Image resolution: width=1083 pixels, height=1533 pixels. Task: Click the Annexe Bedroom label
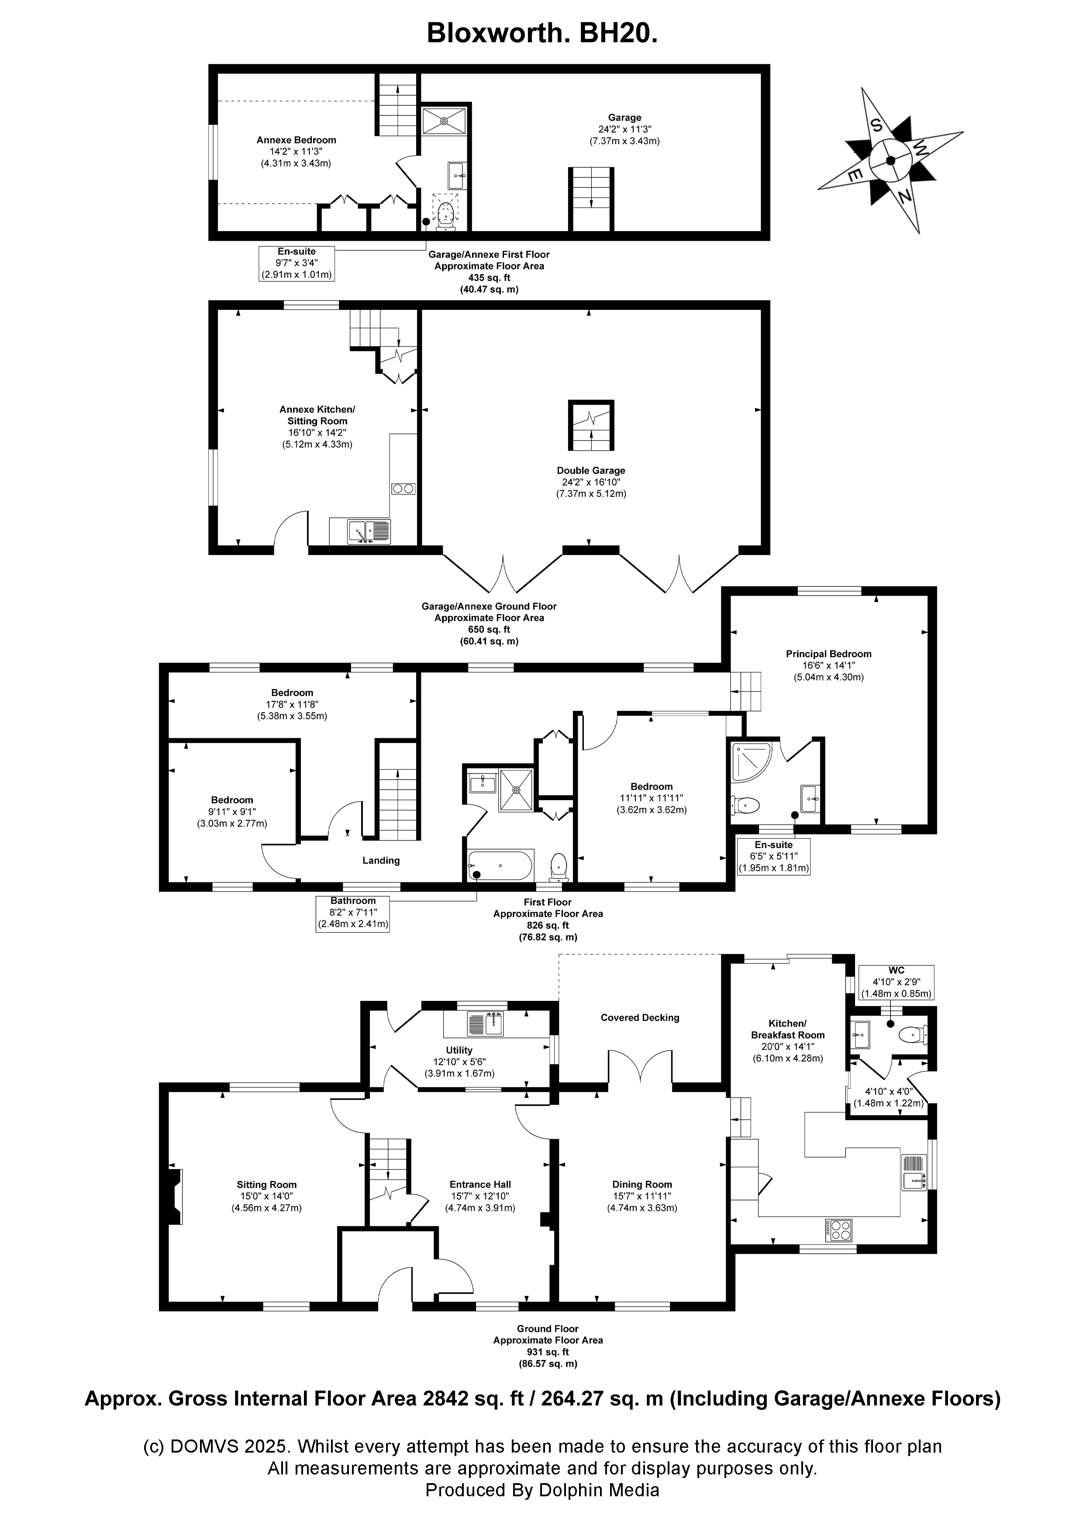pos(296,140)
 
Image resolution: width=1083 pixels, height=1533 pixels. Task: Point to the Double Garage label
pos(590,471)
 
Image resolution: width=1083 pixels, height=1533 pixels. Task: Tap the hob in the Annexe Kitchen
pos(403,489)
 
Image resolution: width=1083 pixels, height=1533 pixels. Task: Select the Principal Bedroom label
pos(828,654)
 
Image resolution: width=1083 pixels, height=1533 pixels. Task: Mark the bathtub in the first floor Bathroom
pos(500,865)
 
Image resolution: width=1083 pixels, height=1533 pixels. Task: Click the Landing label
pos(381,860)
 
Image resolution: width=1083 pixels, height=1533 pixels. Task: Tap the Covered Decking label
pos(639,1017)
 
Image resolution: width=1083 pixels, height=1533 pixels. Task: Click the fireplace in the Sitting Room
pos(175,1196)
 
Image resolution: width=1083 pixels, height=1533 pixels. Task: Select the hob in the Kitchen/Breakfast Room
pos(839,1230)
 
